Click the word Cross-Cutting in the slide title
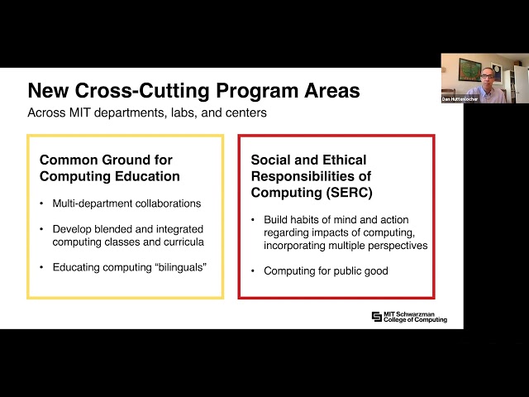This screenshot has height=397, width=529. click(x=142, y=90)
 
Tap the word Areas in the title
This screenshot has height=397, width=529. click(x=332, y=90)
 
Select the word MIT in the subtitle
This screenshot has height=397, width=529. click(x=80, y=112)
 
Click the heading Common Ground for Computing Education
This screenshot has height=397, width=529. click(x=110, y=168)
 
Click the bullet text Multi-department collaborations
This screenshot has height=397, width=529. click(x=126, y=203)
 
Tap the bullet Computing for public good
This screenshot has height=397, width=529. click(x=326, y=271)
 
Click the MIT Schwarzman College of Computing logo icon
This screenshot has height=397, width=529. click(x=377, y=317)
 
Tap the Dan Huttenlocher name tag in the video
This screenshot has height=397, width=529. click(x=460, y=99)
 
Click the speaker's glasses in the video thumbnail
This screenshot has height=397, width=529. click(x=487, y=77)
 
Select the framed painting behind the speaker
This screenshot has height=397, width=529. click(x=469, y=69)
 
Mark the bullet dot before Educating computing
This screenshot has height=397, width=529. click(x=41, y=267)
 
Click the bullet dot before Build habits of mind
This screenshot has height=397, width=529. click(x=253, y=220)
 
